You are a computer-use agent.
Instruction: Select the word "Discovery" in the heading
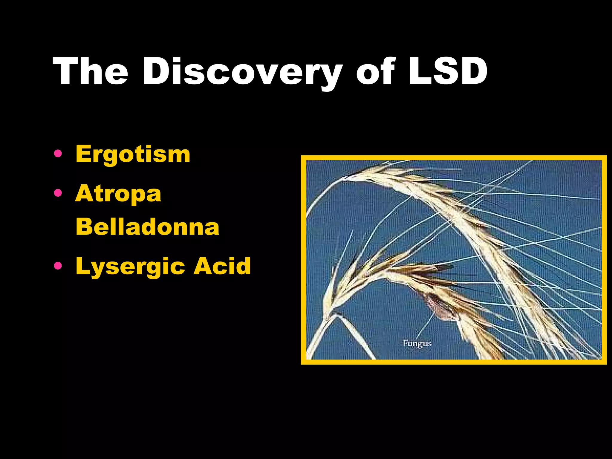click(x=242, y=72)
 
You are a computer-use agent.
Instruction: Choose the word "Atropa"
click(x=118, y=193)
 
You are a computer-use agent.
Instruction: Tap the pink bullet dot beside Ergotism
click(x=58, y=154)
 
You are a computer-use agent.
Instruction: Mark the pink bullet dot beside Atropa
click(x=58, y=193)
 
